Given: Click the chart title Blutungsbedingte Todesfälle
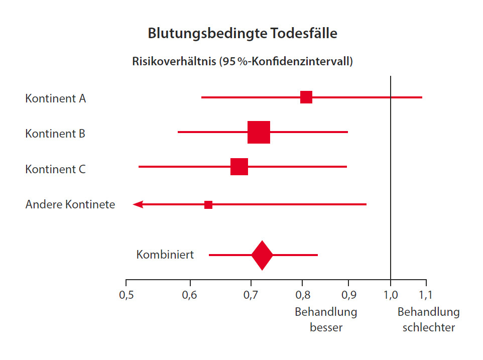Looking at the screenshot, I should coord(243,34).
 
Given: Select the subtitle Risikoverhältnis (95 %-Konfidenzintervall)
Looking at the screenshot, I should coord(243,62).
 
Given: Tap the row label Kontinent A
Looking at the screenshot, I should coord(55,98).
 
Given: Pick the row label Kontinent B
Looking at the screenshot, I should coord(55,134).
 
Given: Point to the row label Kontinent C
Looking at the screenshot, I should coord(55,169).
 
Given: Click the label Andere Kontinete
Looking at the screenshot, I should coord(70,205).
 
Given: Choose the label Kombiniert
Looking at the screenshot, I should coord(165,255).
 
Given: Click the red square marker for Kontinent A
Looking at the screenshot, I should coord(306,97).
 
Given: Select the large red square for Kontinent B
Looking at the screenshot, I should coord(259,133).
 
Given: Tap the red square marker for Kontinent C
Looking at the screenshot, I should coord(239,167).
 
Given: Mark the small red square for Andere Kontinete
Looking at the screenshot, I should coord(208,205).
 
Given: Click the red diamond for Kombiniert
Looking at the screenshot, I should coord(262,255).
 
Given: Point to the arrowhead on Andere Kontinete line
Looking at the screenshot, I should coord(138,204).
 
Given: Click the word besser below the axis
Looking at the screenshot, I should coord(326,328).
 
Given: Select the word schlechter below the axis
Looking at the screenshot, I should coord(428,328).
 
